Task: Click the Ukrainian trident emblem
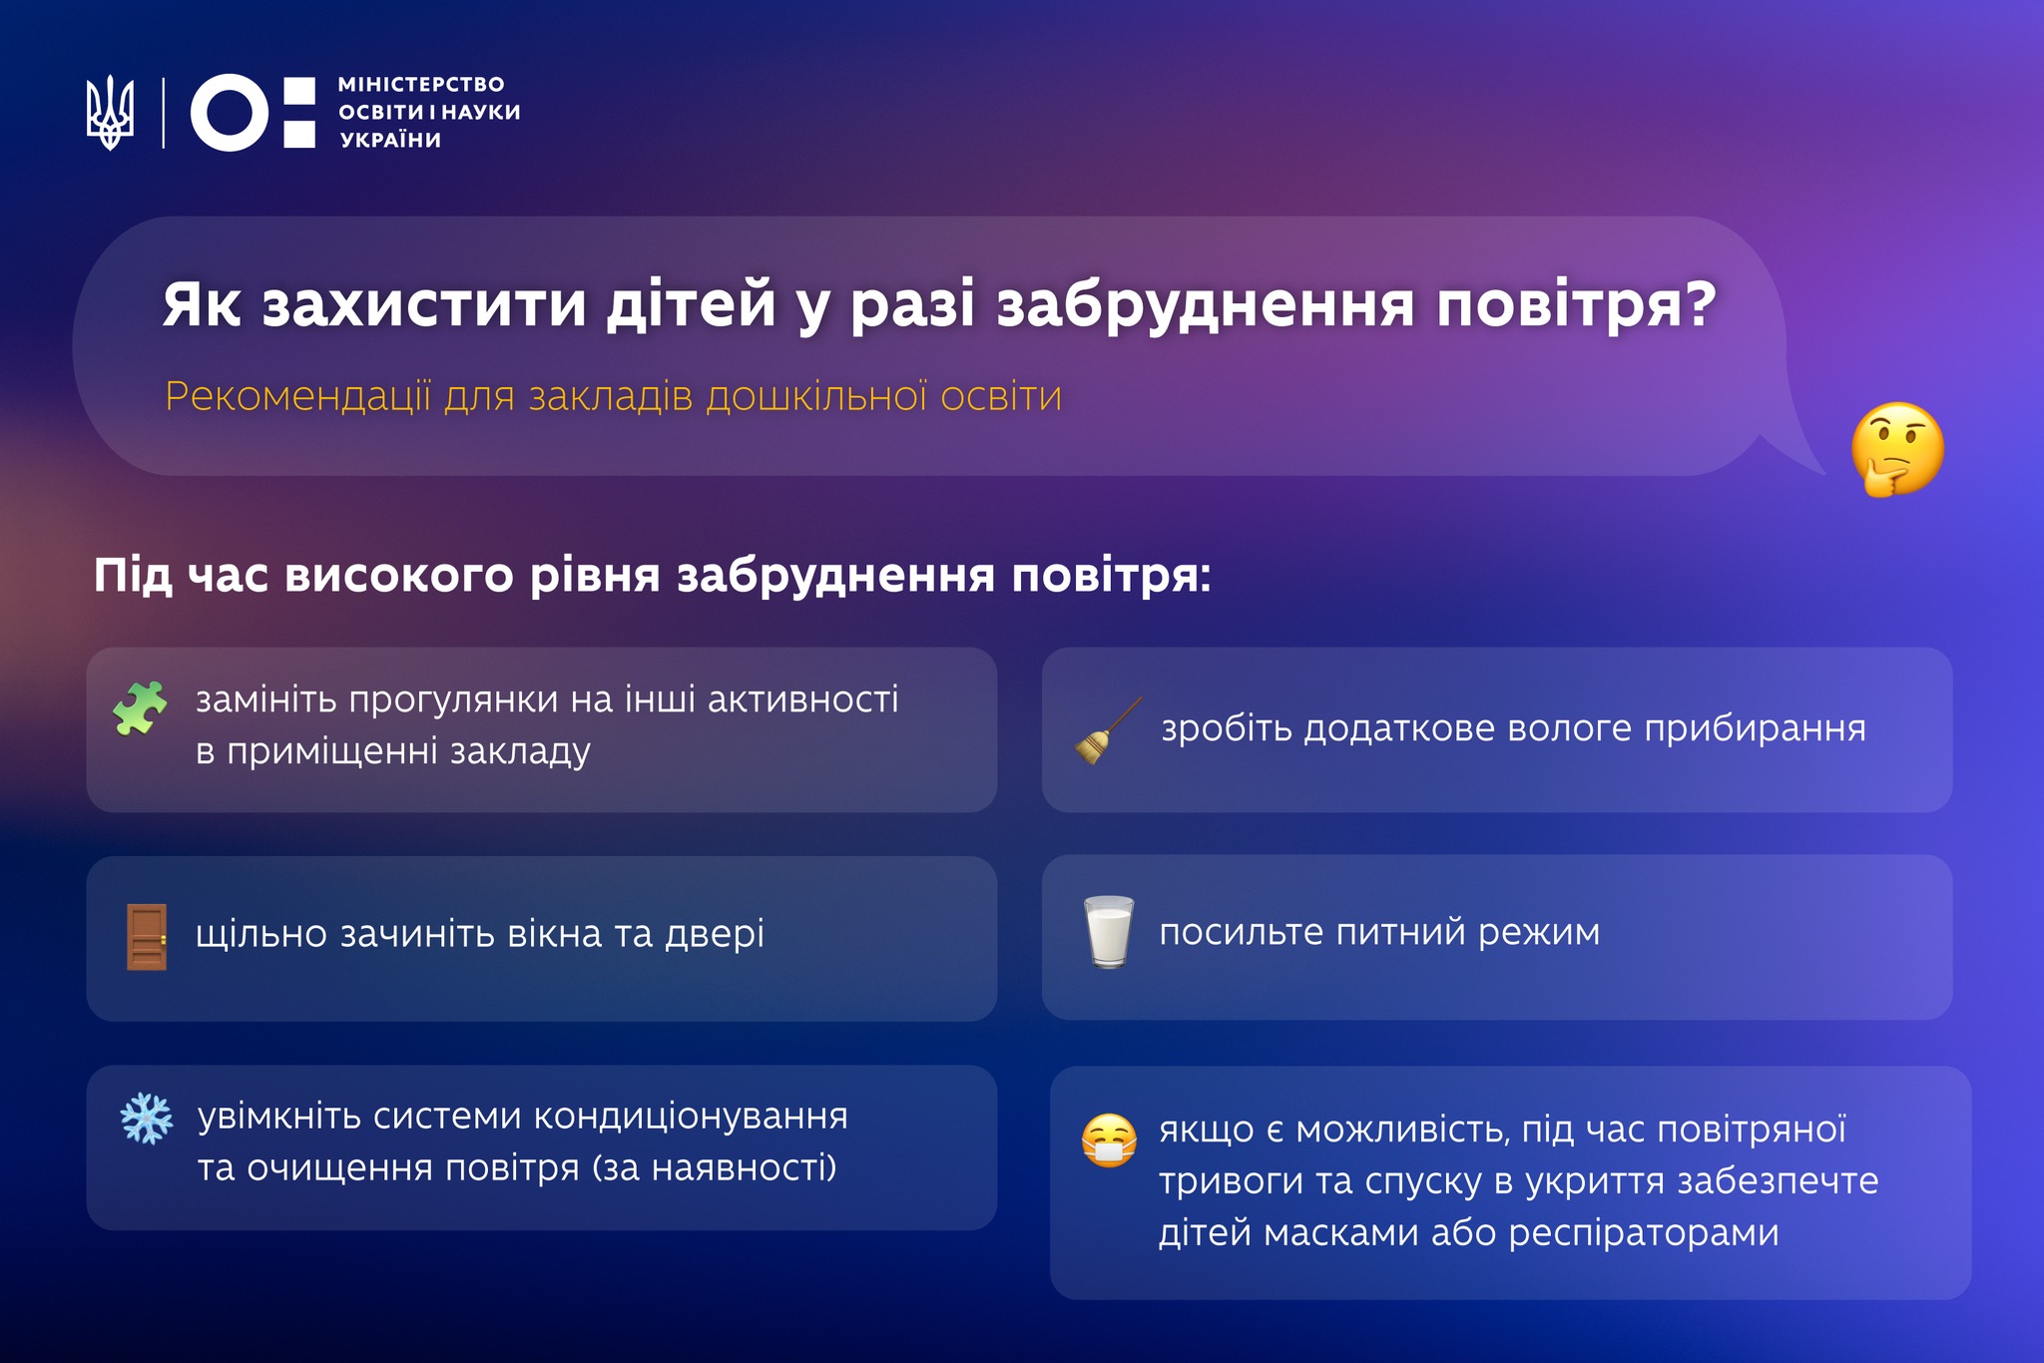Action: (110, 113)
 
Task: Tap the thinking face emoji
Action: (1897, 449)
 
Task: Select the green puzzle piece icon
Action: (140, 708)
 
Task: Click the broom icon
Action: (1108, 731)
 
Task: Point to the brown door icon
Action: (147, 937)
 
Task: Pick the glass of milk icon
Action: (1109, 932)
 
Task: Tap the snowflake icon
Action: (147, 1119)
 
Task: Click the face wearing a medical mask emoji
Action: (1109, 1140)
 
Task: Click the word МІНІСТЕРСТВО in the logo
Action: (421, 85)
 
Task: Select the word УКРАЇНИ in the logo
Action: (390, 140)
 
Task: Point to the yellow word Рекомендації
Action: (298, 397)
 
